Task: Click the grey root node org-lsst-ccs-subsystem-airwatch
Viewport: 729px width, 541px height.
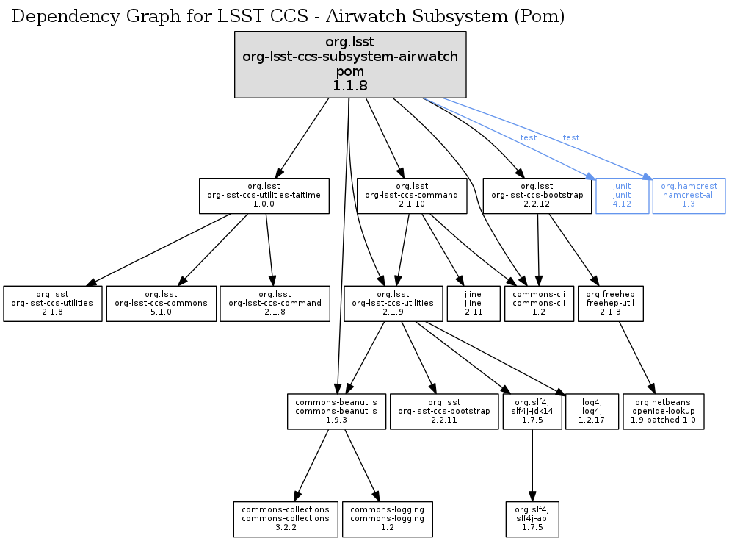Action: point(350,65)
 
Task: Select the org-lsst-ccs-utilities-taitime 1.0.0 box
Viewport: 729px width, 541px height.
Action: point(264,196)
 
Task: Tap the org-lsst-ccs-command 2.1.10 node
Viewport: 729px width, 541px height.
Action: point(412,196)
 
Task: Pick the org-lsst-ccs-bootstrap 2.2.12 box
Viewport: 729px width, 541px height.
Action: point(537,196)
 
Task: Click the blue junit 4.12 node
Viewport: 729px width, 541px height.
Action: point(622,196)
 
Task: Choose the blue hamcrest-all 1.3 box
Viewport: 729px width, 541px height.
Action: point(689,196)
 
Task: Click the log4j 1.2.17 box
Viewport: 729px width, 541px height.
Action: point(592,412)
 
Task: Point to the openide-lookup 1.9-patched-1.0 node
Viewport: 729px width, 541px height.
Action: point(663,412)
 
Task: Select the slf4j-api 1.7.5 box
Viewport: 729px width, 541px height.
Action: point(532,520)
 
